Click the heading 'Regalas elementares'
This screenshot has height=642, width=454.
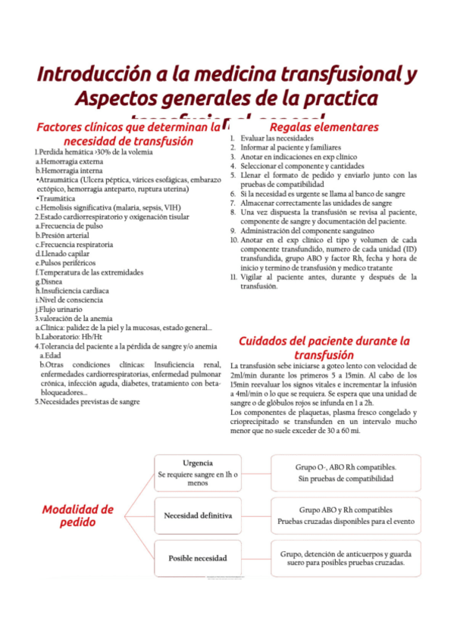coord(324,127)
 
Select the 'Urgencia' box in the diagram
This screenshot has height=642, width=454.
coord(197,472)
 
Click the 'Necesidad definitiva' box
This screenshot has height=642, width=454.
coord(197,516)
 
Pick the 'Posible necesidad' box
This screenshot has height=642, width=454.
coord(197,558)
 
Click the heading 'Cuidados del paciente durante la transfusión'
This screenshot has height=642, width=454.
coord(324,347)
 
